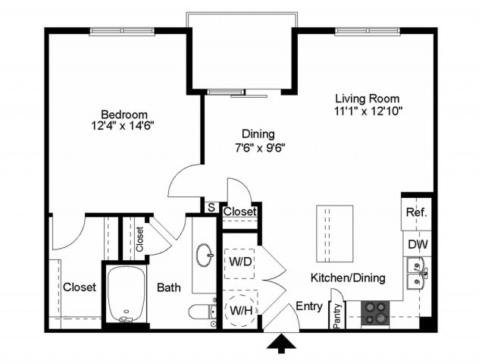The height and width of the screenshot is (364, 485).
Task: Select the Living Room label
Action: tap(368, 99)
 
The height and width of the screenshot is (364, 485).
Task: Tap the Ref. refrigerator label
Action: tap(417, 213)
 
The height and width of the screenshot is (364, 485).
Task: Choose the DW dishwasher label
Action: tap(417, 245)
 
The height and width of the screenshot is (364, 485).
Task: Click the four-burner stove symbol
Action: tap(374, 311)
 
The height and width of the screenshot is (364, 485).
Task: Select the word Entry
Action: tap(308, 306)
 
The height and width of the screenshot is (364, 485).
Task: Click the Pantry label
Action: tap(336, 315)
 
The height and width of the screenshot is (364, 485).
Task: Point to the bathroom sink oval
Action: tap(205, 256)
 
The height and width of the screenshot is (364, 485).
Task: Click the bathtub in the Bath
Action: tap(127, 294)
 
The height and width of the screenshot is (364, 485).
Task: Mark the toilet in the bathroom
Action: tap(202, 312)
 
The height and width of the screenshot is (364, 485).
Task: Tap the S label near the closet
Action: tap(210, 207)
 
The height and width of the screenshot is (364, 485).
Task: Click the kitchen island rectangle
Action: tap(335, 233)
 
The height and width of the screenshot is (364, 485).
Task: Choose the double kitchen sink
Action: tap(415, 274)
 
